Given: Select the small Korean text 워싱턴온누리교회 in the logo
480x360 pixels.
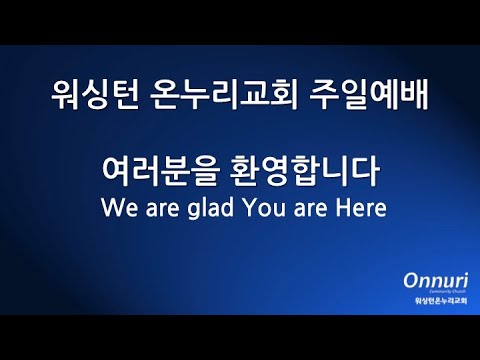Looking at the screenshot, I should [x=429, y=301].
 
